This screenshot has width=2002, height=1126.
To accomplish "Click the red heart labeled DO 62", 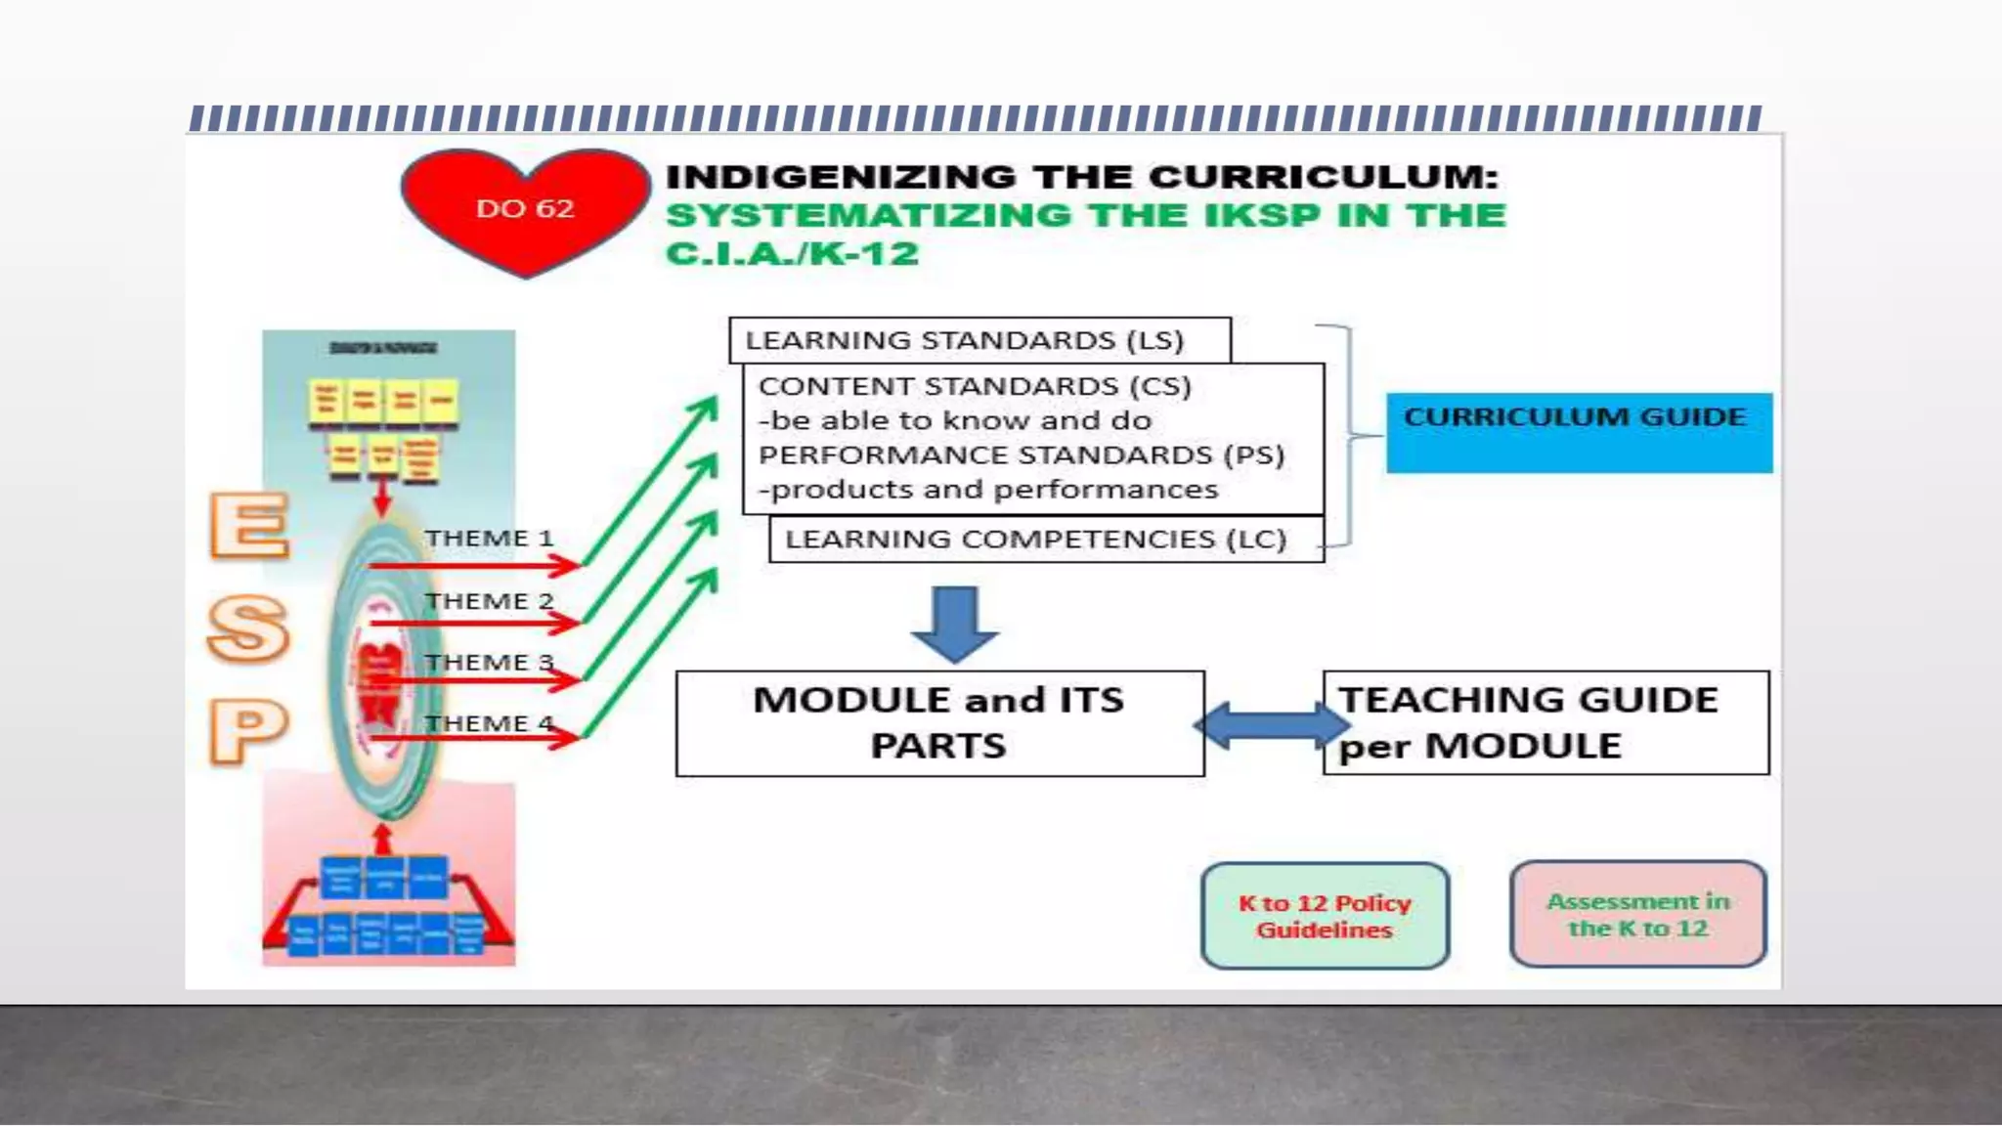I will pos(525,208).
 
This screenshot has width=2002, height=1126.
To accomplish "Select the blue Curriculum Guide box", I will pos(1578,432).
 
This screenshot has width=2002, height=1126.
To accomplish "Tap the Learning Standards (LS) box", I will pos(979,340).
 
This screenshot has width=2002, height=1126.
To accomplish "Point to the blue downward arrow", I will pos(954,623).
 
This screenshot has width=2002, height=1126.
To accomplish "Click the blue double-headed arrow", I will pos(1271,725).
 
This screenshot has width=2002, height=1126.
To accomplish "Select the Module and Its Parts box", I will pos(939,723).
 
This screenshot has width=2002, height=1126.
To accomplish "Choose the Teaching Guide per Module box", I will pos(1545,723).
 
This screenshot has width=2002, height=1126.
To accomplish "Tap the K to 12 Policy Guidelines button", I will pos(1325,916).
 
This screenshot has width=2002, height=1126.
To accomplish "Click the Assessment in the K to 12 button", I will pos(1637,915).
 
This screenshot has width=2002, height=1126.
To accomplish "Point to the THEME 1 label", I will pos(489,539).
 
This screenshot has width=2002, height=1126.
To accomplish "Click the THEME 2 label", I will pos(489,601).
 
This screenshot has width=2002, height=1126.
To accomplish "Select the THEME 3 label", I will pos(489,663).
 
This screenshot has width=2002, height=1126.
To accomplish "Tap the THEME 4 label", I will pos(489,724).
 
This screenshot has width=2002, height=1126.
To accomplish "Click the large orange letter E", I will pos(249,525).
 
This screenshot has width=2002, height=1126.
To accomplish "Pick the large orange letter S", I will pos(248,628).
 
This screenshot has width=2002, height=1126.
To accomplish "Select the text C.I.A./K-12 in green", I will pos(793,254).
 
